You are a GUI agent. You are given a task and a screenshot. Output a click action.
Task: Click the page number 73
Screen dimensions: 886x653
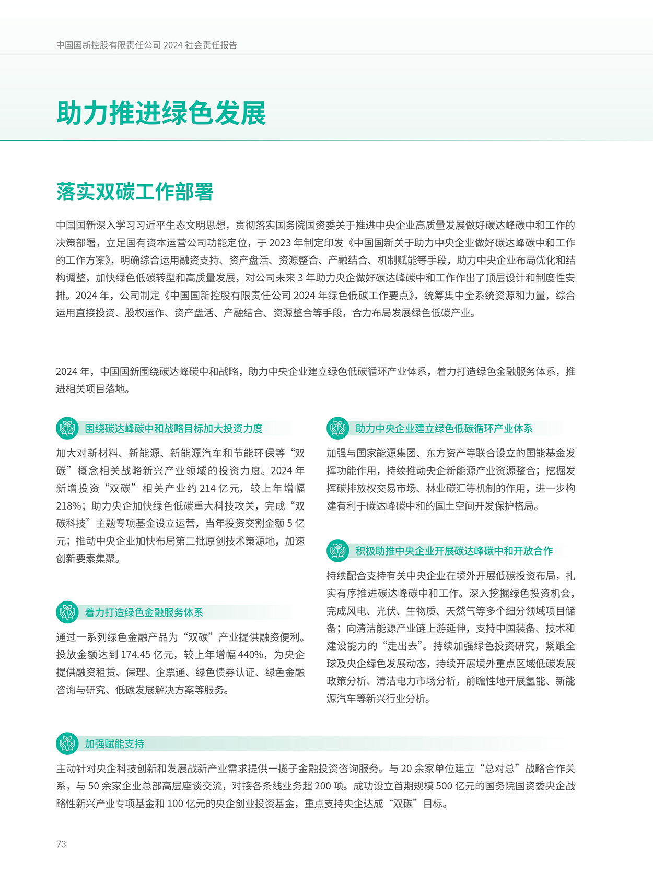point(61,844)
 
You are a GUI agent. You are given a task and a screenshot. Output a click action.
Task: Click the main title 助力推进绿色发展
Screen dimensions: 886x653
point(161,113)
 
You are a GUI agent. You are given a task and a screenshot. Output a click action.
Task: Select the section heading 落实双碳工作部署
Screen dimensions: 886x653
point(135,192)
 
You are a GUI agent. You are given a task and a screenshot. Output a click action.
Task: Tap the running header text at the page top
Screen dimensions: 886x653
point(147,45)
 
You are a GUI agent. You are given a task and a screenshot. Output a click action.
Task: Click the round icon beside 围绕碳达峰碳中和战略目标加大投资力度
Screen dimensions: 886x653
point(67,429)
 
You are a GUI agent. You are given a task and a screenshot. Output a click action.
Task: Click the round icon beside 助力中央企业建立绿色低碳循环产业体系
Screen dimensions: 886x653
point(338,429)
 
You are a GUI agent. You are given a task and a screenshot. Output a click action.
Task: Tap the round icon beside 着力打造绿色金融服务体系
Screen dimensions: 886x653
point(67,612)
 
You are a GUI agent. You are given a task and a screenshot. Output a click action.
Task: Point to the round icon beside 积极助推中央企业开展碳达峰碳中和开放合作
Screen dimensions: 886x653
point(338,551)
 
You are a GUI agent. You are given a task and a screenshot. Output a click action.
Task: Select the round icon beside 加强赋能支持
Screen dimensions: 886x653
point(67,743)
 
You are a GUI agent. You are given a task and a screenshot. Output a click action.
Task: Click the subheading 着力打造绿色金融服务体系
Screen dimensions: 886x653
point(144,612)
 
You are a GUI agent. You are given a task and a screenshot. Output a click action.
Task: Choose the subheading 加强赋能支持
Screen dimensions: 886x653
point(114,744)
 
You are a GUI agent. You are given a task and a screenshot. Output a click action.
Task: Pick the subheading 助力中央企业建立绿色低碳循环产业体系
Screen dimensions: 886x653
point(444,429)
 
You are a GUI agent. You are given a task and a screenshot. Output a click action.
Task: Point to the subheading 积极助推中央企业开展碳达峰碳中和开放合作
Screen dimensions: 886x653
point(454,551)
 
